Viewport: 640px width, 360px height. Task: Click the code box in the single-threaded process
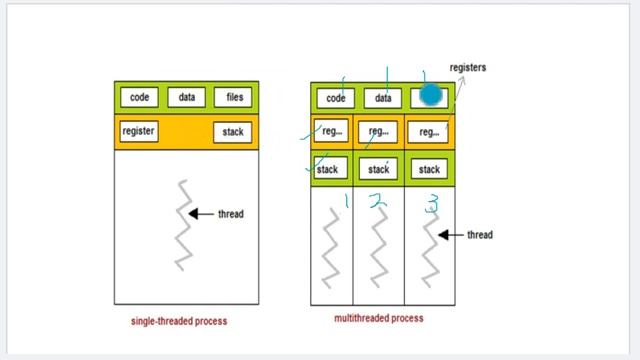click(139, 97)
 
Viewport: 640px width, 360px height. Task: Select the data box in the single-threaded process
click(186, 97)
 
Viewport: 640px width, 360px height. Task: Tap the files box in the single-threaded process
click(234, 97)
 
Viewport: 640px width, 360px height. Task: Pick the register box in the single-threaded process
click(138, 131)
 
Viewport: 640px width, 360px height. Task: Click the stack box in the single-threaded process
click(232, 132)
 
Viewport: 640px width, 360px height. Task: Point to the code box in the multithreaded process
click(336, 98)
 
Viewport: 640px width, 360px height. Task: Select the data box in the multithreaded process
click(382, 98)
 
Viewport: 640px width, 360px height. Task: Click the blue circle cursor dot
click(431, 95)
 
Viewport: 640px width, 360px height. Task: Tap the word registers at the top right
click(467, 68)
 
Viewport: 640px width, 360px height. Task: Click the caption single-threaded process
click(179, 322)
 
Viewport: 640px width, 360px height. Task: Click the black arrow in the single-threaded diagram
click(201, 214)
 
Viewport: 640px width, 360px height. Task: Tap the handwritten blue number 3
click(432, 206)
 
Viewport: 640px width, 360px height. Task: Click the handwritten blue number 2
click(377, 202)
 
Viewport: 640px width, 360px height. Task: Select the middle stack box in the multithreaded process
click(379, 170)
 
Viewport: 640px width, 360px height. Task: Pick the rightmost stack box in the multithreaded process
click(428, 170)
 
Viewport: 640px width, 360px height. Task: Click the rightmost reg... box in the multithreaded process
click(428, 132)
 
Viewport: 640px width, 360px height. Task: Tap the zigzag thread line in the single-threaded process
click(183, 225)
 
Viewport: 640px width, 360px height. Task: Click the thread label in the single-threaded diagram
click(230, 214)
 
